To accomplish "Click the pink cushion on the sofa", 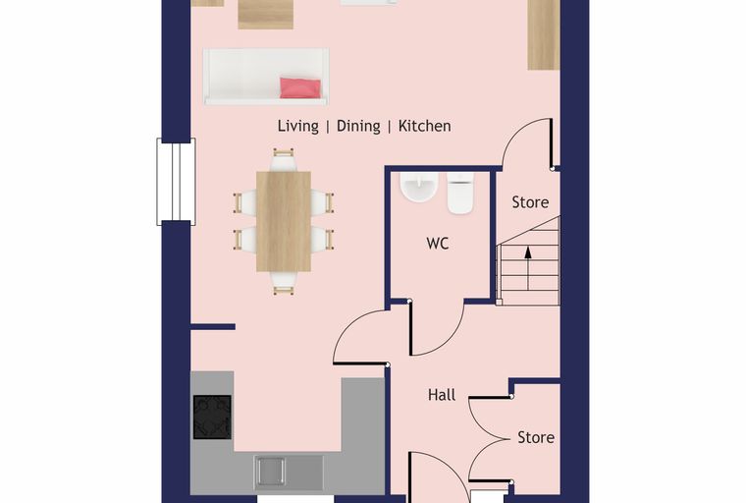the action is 299,88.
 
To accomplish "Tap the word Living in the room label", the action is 298,126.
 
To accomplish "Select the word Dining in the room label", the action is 358,126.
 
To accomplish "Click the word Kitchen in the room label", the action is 424,126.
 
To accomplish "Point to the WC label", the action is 438,244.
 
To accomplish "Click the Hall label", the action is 442,395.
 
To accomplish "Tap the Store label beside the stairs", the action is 530,202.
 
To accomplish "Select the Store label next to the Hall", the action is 536,437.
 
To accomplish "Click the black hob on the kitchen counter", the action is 212,417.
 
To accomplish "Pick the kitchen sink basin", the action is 271,471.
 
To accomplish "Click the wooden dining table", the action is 284,221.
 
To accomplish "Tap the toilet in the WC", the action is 460,193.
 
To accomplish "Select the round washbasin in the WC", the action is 419,188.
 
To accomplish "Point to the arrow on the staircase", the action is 528,267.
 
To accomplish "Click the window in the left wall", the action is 176,182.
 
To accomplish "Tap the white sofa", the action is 266,77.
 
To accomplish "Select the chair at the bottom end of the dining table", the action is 284,283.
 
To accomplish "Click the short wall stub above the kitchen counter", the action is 213,327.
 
